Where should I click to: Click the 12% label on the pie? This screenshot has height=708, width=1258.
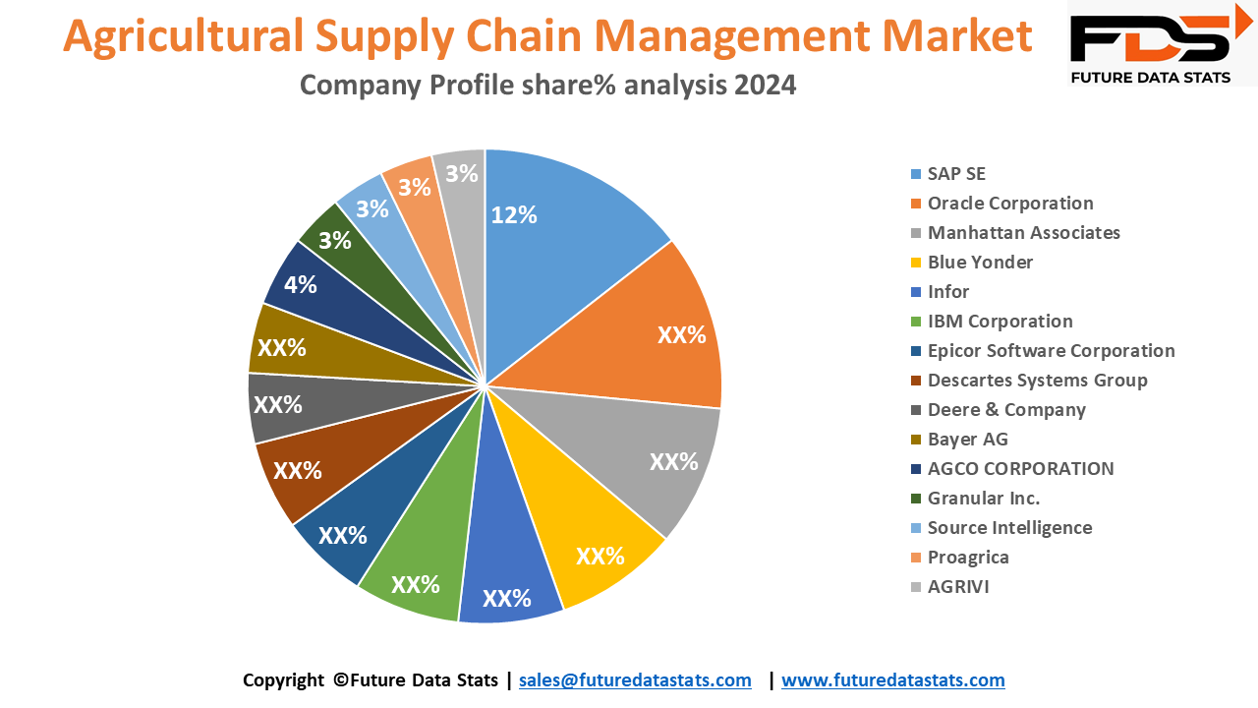(514, 215)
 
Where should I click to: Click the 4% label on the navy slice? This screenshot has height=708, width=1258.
(300, 285)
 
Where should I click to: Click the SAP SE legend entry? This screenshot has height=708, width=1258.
(955, 174)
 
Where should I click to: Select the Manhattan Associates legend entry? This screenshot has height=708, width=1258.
(1023, 233)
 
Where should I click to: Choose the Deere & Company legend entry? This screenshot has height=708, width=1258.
(1006, 410)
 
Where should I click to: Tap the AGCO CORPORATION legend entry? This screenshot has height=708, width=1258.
(1020, 469)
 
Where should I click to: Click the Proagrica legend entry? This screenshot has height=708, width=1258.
(968, 558)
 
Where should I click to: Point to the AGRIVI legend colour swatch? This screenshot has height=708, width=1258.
(916, 588)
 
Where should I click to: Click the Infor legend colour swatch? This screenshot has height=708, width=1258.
(916, 293)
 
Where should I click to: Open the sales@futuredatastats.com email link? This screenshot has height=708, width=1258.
(635, 680)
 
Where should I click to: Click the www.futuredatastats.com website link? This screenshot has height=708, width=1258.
(892, 680)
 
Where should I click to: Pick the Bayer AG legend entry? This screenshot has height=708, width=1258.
(967, 440)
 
